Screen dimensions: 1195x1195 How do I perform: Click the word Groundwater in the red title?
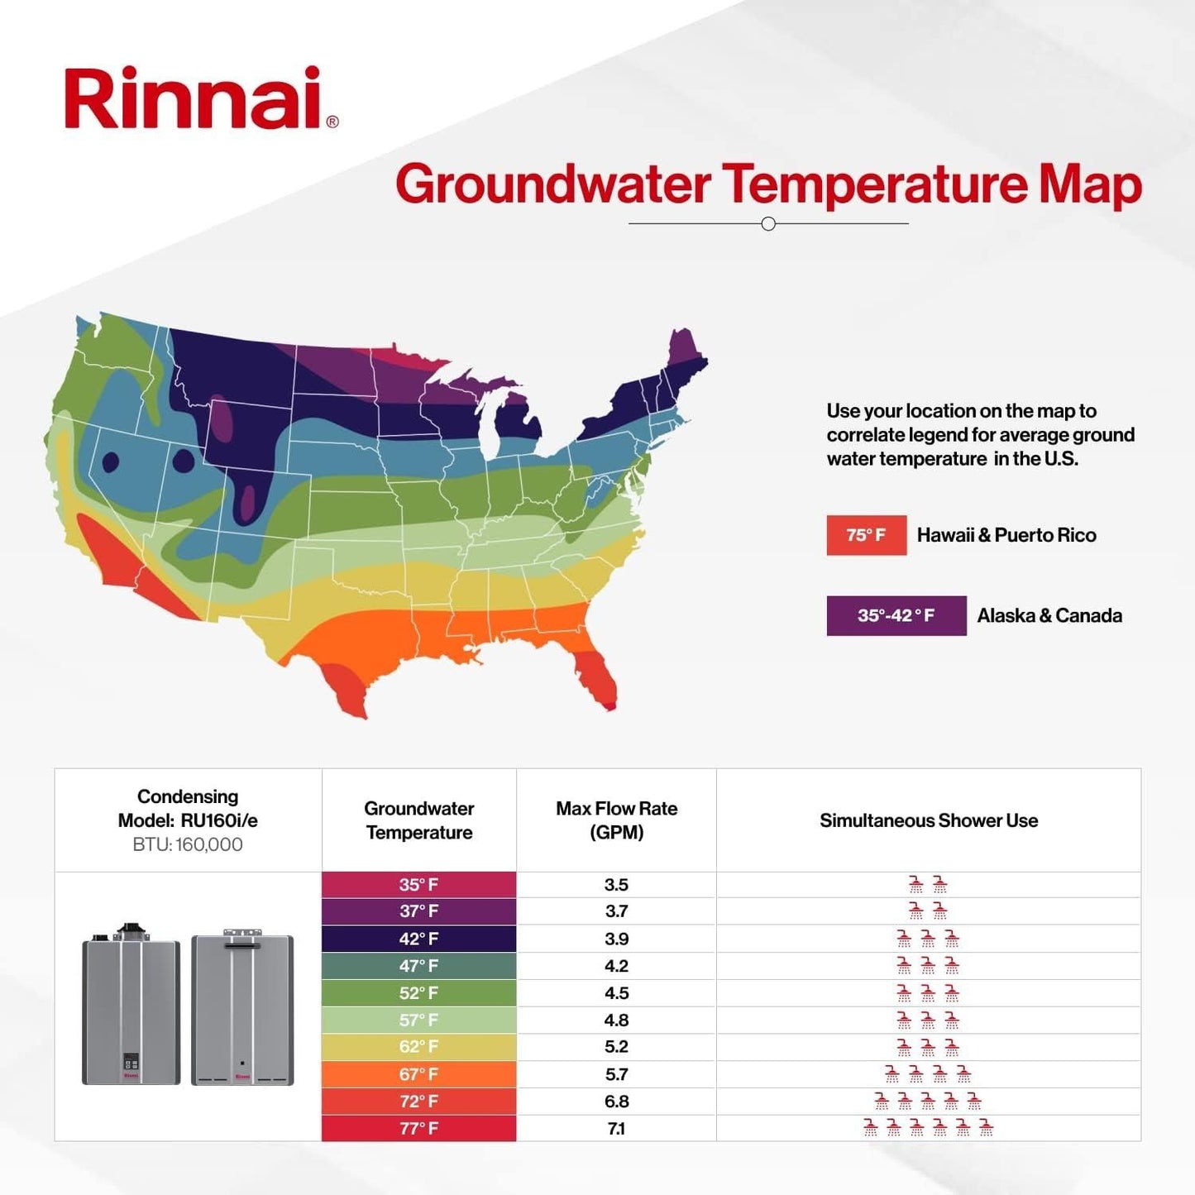tap(552, 184)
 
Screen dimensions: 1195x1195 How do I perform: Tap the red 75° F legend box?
tap(866, 535)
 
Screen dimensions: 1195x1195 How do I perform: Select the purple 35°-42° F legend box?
tap(896, 615)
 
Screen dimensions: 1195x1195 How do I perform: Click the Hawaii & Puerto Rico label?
tap(1006, 535)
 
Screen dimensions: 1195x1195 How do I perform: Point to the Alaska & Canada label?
tap(1049, 615)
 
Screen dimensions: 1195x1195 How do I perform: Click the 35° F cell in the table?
tap(418, 885)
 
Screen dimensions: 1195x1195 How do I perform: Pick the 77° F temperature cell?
tap(418, 1128)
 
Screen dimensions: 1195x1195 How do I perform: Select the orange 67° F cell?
tap(418, 1074)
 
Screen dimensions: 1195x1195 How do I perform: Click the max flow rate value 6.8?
tap(616, 1102)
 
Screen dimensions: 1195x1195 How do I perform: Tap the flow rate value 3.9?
tap(616, 939)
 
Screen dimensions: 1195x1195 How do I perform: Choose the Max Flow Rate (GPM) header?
tap(616, 820)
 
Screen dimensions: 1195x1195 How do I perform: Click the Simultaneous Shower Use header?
tap(928, 820)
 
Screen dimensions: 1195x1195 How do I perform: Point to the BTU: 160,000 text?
tap(188, 844)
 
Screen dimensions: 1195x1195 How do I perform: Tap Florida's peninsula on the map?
tap(595, 674)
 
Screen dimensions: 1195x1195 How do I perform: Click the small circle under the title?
tap(768, 224)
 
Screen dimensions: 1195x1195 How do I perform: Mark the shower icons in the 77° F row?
tap(928, 1128)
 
